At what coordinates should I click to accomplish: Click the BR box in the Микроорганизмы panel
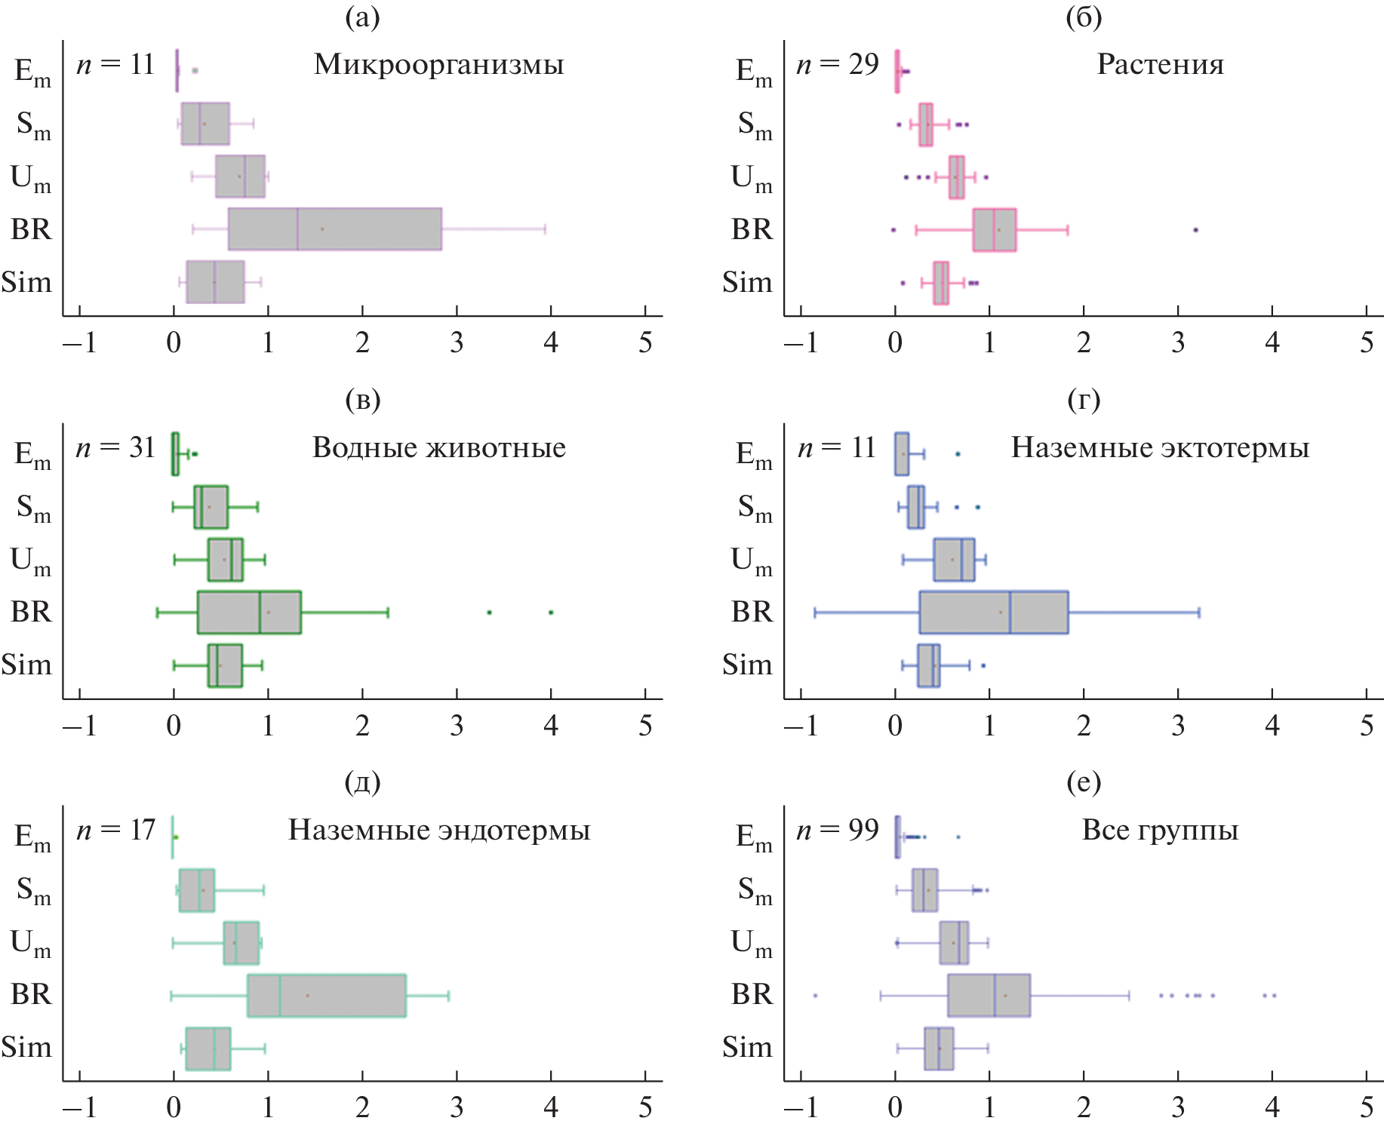[334, 229]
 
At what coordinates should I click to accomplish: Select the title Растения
[1160, 65]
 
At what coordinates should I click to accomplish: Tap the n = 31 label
[115, 448]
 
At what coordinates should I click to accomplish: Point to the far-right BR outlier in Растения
[1195, 230]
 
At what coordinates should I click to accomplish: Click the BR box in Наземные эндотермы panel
[326, 996]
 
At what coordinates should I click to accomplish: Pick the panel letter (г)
[1084, 400]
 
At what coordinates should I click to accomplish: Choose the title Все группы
[1160, 831]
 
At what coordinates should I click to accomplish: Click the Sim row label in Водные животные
[27, 665]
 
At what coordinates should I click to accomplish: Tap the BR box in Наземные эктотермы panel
[993, 613]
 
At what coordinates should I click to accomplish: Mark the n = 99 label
[838, 831]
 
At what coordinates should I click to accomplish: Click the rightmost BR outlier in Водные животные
[551, 613]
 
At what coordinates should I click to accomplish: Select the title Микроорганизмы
[438, 65]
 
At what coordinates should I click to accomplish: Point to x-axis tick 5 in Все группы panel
[1367, 1108]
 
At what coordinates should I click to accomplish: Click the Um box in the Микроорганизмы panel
[240, 177]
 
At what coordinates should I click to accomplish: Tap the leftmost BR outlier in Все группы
[815, 996]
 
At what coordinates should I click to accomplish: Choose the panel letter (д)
[362, 782]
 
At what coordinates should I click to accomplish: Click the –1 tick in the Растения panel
[801, 343]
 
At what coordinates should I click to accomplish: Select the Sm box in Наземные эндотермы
[197, 890]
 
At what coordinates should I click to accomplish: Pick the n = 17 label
[115, 831]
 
